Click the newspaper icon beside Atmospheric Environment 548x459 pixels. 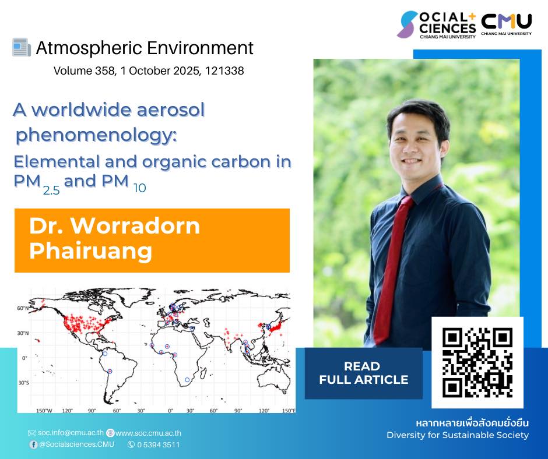(x=22, y=47)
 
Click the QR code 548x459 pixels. (x=477, y=362)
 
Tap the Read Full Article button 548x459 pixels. (x=363, y=373)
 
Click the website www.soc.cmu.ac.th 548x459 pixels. (x=148, y=433)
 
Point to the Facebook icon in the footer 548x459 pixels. (x=33, y=444)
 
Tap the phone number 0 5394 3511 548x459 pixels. (x=159, y=444)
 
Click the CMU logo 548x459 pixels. (x=507, y=24)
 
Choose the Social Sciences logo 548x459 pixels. (x=436, y=25)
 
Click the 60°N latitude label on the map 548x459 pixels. (x=23, y=309)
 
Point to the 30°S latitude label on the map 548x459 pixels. (x=23, y=383)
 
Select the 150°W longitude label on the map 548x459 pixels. (x=44, y=411)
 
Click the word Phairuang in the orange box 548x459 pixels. (x=90, y=250)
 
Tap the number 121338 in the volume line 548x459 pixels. (x=224, y=71)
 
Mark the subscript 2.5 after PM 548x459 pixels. (x=51, y=190)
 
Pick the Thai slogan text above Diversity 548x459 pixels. (x=472, y=423)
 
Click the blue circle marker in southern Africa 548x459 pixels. (x=187, y=380)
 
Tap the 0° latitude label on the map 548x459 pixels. (x=24, y=358)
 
